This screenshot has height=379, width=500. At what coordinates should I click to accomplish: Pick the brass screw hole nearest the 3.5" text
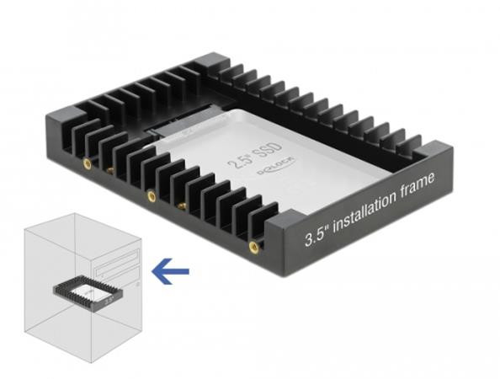tap(253, 247)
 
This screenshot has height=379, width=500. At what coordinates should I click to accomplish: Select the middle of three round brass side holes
tap(152, 197)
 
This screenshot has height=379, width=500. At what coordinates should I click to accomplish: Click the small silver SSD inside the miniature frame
tap(88, 288)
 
